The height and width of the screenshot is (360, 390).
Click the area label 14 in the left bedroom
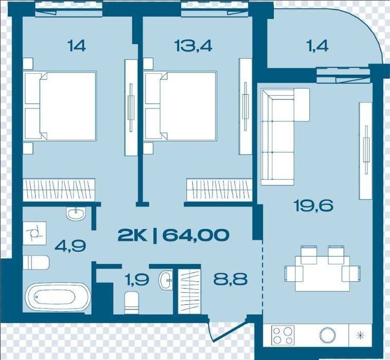77,46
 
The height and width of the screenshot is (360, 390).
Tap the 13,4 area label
193,46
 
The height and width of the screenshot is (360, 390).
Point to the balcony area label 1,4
318,46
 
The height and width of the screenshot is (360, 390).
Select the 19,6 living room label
313,205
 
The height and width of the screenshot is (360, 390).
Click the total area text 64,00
196,235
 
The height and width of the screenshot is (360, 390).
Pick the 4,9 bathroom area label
70,246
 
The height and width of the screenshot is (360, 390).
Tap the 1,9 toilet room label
137,279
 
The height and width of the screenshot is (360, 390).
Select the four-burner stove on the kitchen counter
282,335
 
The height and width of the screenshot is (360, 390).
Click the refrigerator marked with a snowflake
360,335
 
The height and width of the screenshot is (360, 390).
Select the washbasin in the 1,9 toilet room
166,280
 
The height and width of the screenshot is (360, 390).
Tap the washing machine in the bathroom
34,233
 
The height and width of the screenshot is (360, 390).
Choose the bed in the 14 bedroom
60,106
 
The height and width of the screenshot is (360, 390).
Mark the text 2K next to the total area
133,235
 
